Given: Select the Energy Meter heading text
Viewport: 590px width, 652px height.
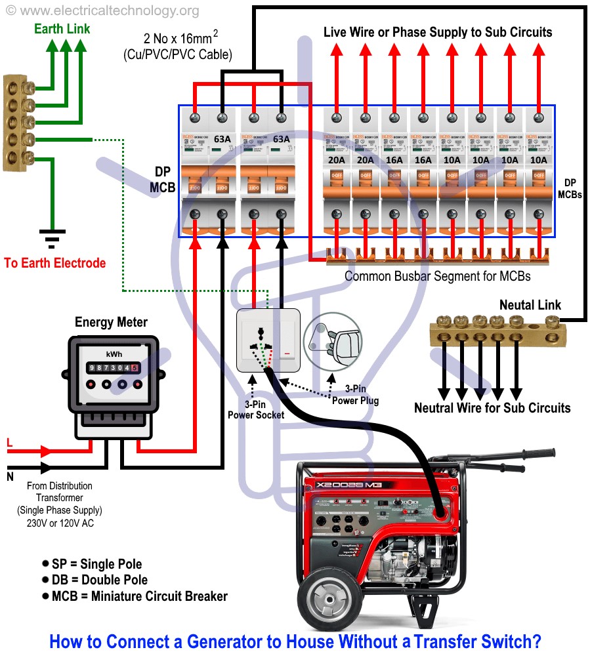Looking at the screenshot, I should [111, 322].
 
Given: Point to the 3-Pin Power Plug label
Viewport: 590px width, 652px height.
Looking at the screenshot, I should [355, 396].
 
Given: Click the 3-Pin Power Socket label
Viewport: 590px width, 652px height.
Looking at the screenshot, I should [256, 410].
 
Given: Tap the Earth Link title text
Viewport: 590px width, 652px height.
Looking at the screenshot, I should [62, 29].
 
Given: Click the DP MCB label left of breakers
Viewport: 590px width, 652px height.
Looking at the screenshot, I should [162, 179].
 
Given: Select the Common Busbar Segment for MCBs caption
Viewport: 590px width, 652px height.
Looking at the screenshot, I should [437, 276].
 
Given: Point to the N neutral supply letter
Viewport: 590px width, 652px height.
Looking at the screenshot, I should [10, 477].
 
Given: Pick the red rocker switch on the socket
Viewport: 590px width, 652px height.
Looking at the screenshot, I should [287, 355].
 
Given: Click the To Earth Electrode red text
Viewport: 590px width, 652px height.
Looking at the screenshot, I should [55, 263].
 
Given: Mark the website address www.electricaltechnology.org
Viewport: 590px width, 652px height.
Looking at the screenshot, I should [105, 11].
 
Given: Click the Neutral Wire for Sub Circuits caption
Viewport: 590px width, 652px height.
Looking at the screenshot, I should [492, 408].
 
